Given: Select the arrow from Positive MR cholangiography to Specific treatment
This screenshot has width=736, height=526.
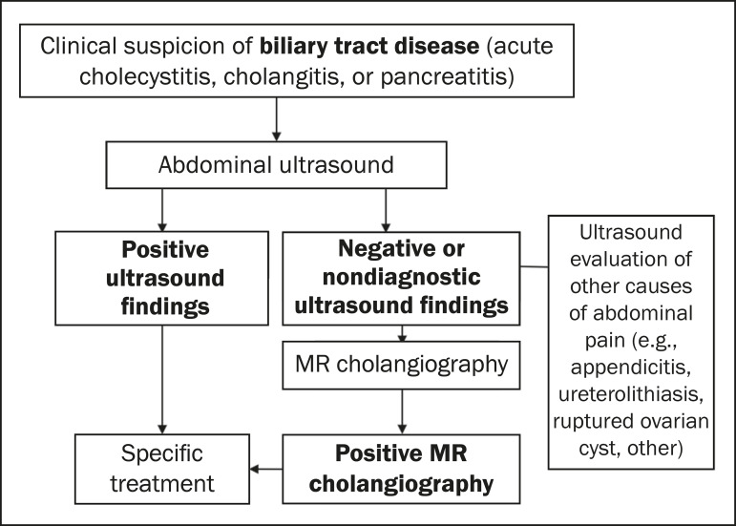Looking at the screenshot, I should [265, 469].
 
